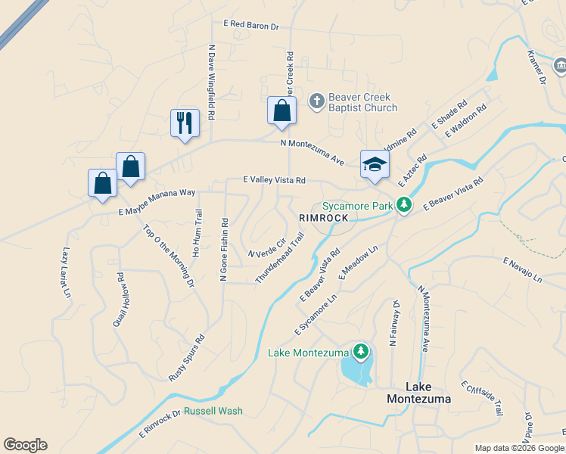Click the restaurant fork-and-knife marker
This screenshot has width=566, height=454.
pyautogui.click(x=185, y=122)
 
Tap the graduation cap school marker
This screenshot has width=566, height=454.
pyautogui.click(x=374, y=164)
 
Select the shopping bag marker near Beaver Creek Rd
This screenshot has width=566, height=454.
pyautogui.click(x=281, y=110)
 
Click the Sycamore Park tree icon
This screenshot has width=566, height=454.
pyautogui.click(x=405, y=205)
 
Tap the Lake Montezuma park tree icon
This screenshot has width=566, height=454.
pyautogui.click(x=362, y=351)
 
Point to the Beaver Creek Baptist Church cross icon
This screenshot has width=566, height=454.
pyautogui.click(x=317, y=99)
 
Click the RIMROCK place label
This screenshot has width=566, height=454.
pyautogui.click(x=323, y=218)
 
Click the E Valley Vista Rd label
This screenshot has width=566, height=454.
pyautogui.click(x=274, y=180)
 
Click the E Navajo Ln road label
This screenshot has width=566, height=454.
pyautogui.click(x=523, y=270)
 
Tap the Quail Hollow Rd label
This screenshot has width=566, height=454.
pyautogui.click(x=120, y=300)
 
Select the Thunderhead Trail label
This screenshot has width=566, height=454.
pyautogui.click(x=280, y=258)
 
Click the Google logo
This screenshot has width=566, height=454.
pyautogui.click(x=25, y=445)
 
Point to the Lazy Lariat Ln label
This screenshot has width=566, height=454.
pyautogui.click(x=67, y=272)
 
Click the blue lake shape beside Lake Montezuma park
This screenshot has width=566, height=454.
pyautogui.click(x=356, y=371)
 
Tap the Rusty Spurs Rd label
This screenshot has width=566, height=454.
pyautogui.click(x=187, y=358)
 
